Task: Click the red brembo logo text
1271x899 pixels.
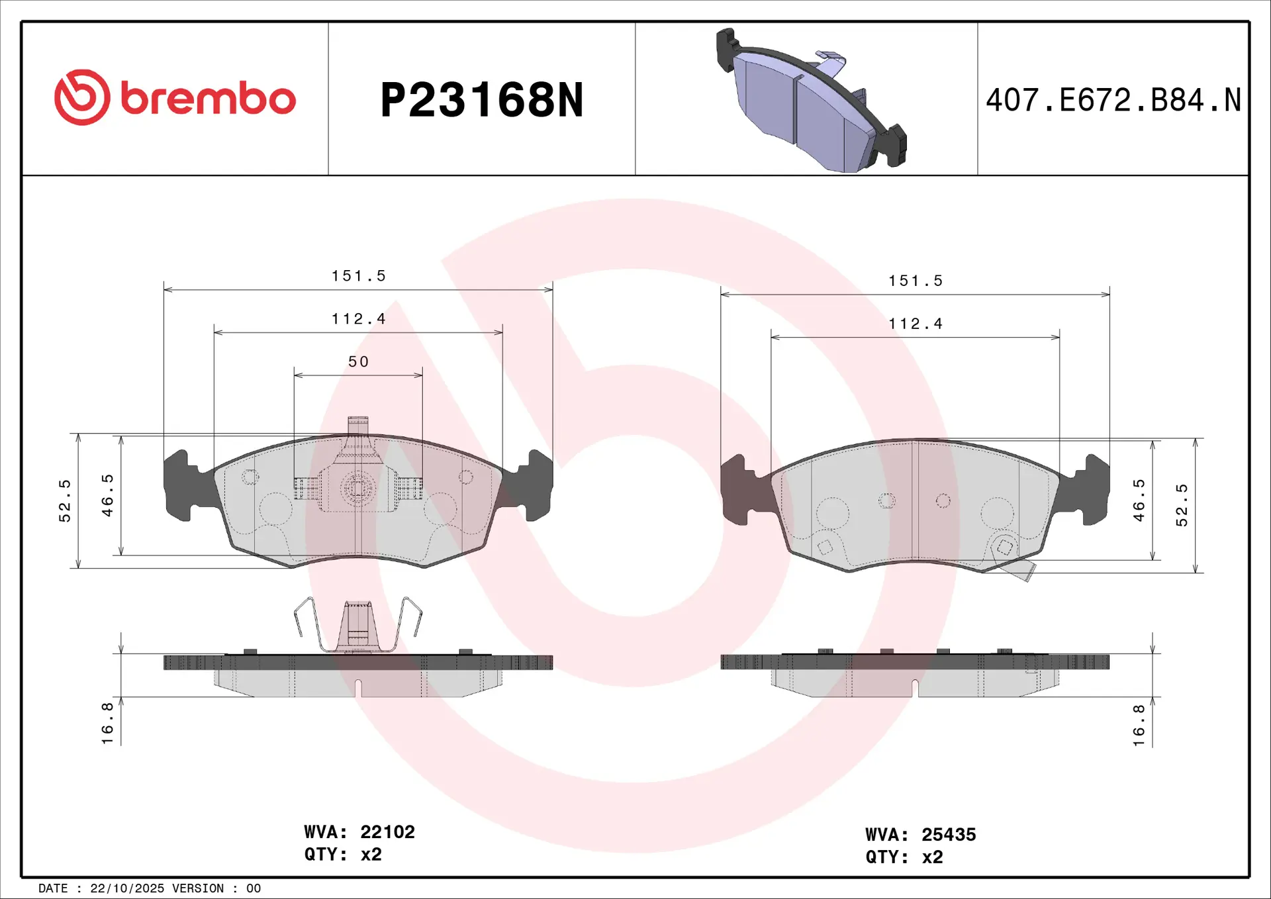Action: [x=208, y=99]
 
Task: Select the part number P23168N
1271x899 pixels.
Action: [x=482, y=100]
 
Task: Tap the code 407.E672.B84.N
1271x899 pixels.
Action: [x=1113, y=100]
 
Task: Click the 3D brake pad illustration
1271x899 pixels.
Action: [x=811, y=100]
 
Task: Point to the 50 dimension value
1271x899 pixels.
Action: [x=358, y=361]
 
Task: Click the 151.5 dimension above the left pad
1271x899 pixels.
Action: [x=358, y=275]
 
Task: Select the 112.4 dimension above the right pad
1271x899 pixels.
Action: [x=915, y=324]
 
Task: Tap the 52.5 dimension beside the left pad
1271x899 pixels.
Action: [x=65, y=500]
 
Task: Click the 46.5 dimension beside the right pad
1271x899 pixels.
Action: [x=1139, y=500]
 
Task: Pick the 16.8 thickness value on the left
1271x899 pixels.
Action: [x=107, y=723]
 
